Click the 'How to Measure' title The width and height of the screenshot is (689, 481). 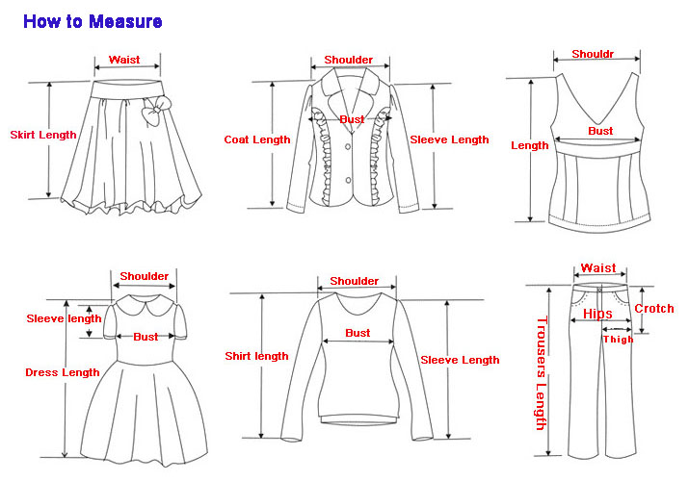click(x=93, y=21)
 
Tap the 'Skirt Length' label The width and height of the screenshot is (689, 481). click(x=43, y=135)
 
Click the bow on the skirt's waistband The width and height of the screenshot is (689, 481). click(x=151, y=114)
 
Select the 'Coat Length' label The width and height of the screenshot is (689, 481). click(x=256, y=139)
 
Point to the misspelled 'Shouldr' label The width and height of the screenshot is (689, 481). click(x=593, y=55)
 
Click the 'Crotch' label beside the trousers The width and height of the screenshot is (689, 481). click(x=654, y=309)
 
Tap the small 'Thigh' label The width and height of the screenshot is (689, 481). click(x=618, y=339)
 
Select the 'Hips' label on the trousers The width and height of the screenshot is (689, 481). click(x=597, y=314)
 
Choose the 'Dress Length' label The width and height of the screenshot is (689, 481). click(x=63, y=372)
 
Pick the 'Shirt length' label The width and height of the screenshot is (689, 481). click(x=256, y=356)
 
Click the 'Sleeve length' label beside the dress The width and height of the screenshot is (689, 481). click(x=64, y=318)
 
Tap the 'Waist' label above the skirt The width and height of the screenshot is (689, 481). click(x=124, y=60)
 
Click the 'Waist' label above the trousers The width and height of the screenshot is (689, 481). click(x=598, y=268)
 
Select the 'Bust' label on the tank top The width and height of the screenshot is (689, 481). click(x=600, y=131)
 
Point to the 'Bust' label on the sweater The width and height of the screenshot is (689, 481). click(x=358, y=333)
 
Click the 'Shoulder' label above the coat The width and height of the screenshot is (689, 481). click(x=348, y=60)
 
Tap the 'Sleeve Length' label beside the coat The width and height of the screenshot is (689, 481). click(x=450, y=139)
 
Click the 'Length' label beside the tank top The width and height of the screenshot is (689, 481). click(x=530, y=146)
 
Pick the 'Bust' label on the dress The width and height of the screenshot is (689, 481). click(x=146, y=337)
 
